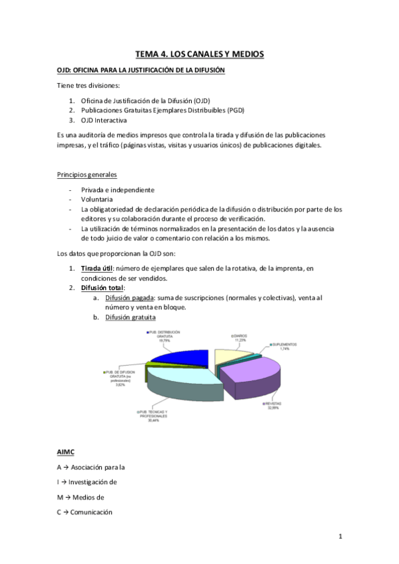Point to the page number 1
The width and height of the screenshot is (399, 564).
tap(340, 535)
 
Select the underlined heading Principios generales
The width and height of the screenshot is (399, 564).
tap(87, 175)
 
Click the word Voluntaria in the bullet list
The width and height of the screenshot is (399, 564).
tap(97, 199)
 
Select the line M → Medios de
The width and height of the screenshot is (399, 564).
tap(87, 497)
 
